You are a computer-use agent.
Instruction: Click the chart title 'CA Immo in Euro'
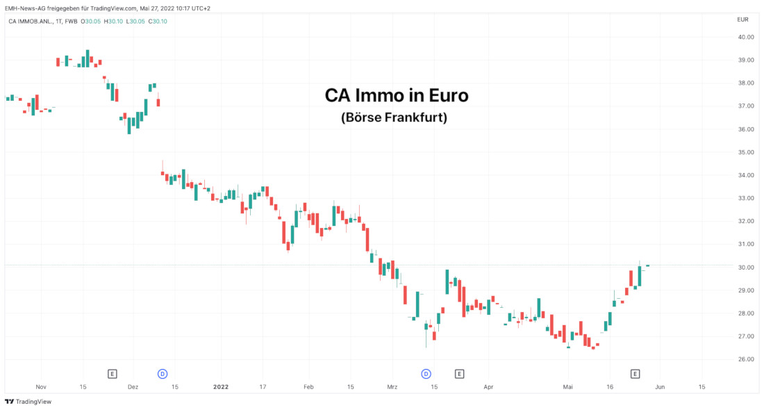click(x=397, y=95)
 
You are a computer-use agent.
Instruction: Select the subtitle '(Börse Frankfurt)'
click(x=394, y=117)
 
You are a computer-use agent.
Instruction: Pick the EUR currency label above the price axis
click(x=742, y=19)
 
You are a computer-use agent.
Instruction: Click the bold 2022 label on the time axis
click(x=221, y=386)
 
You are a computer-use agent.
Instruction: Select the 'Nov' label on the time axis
click(x=40, y=386)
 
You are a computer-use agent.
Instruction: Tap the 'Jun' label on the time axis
click(x=660, y=386)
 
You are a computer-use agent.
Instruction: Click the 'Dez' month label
click(x=133, y=386)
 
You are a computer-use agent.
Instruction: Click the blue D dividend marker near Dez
click(x=163, y=374)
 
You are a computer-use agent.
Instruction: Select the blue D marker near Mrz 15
click(x=426, y=374)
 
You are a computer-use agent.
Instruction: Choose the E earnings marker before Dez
click(x=113, y=374)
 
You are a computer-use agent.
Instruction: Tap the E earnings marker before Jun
click(x=635, y=374)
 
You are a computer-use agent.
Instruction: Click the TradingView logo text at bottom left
click(x=28, y=402)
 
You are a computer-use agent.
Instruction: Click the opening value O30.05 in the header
click(x=91, y=21)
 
